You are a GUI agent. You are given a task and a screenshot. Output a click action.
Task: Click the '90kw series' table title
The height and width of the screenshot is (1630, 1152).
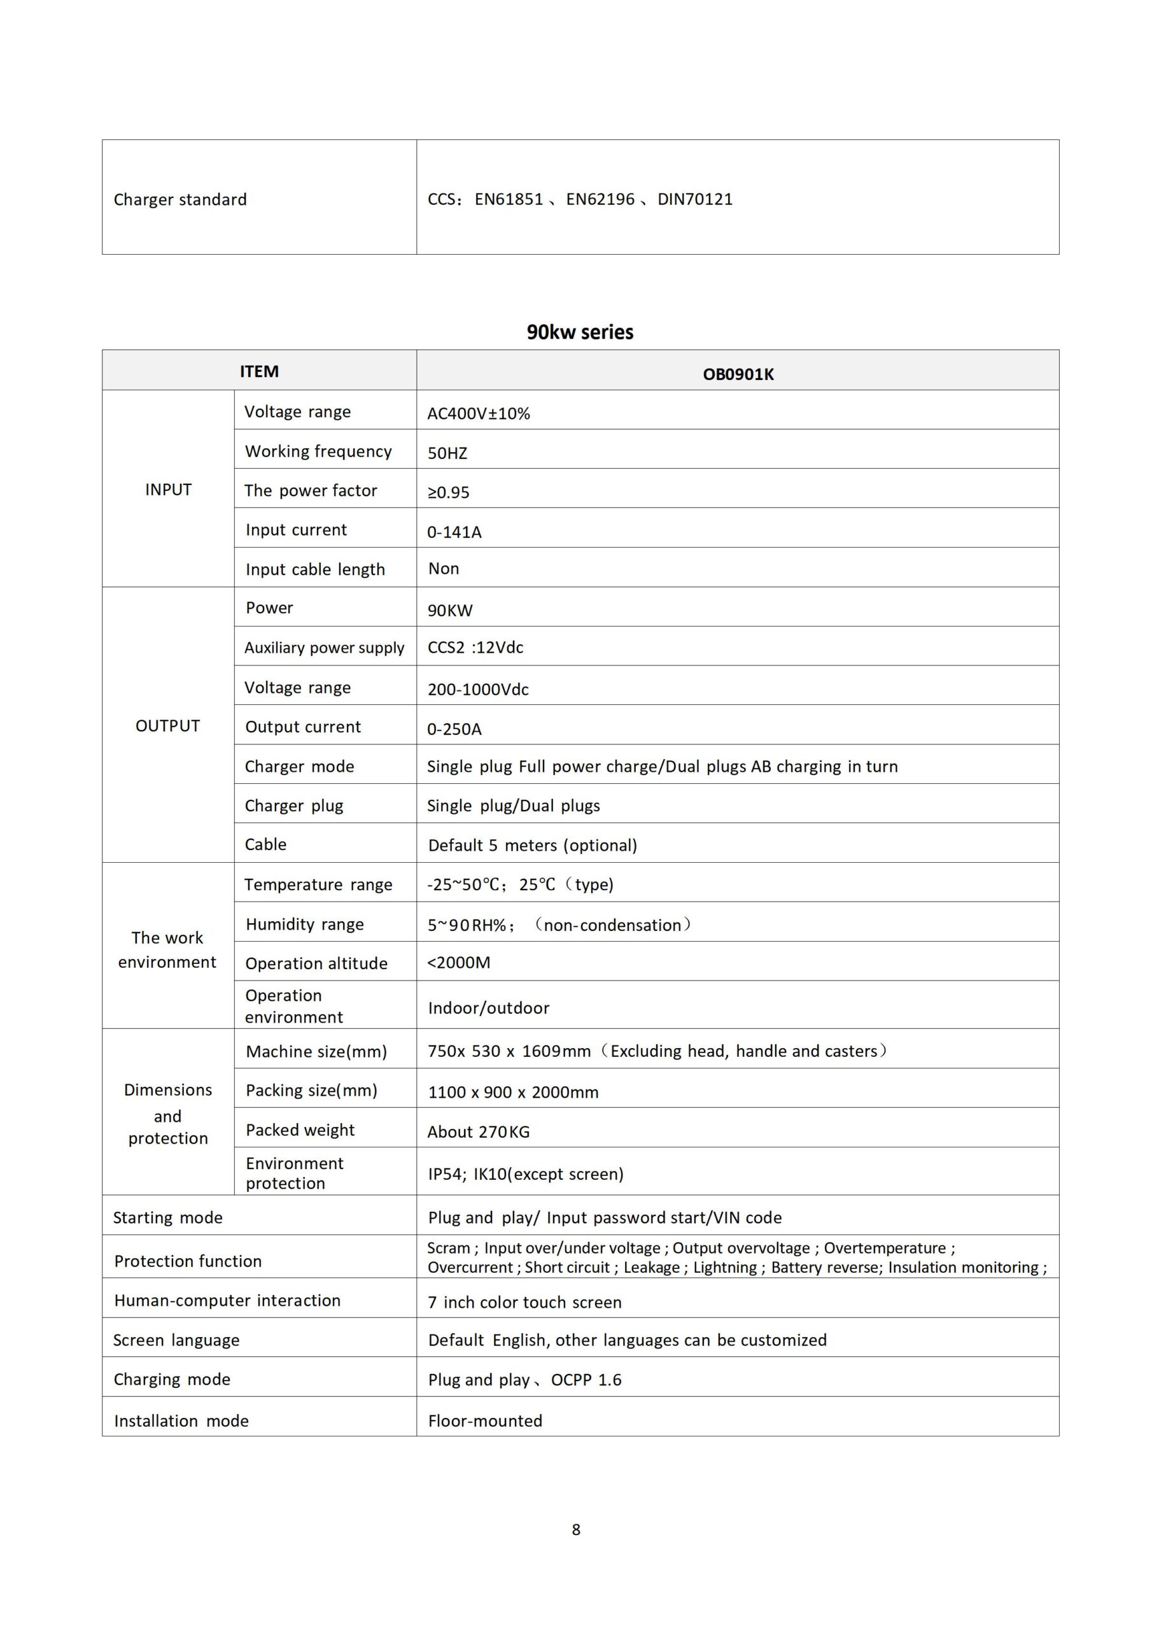click(x=579, y=332)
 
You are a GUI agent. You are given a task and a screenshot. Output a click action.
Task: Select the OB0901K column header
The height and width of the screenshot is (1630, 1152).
click(x=738, y=374)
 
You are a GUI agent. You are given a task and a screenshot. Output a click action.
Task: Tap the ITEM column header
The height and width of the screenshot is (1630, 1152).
click(x=259, y=371)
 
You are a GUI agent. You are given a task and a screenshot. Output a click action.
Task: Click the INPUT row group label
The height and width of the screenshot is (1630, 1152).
click(x=168, y=489)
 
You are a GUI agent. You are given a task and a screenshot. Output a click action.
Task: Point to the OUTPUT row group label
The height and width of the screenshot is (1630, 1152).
click(x=167, y=726)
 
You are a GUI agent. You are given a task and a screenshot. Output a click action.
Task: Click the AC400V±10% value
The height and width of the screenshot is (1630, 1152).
click(x=479, y=413)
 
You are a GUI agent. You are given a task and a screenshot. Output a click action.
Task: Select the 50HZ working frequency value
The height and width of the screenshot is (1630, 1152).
click(x=447, y=453)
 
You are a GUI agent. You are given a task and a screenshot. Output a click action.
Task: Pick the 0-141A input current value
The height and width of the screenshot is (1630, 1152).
click(x=454, y=532)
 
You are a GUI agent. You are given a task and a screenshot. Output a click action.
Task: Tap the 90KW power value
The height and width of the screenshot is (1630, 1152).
click(x=450, y=610)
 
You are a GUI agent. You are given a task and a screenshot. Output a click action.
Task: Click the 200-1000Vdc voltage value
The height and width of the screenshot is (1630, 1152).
click(x=478, y=690)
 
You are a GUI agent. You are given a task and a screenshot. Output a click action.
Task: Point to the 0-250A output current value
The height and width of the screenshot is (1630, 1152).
click(x=454, y=729)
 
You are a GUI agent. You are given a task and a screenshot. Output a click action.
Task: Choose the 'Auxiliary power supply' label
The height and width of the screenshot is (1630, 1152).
click(x=325, y=648)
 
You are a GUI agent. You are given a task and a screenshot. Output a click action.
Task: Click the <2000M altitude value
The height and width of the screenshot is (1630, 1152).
click(x=458, y=962)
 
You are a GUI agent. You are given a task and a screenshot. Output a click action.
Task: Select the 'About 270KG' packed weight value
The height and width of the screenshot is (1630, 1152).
click(x=479, y=1131)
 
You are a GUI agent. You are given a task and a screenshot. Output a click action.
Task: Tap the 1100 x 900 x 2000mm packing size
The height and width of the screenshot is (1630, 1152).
click(x=513, y=1092)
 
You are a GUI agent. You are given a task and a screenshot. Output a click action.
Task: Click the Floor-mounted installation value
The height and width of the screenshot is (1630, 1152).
click(x=485, y=1421)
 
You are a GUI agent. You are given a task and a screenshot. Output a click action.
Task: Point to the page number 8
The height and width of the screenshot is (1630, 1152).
click(x=575, y=1529)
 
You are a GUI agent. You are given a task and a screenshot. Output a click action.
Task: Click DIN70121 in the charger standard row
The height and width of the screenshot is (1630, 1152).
click(x=695, y=199)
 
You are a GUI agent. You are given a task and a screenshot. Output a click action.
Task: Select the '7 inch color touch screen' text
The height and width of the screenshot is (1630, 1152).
click(x=524, y=1302)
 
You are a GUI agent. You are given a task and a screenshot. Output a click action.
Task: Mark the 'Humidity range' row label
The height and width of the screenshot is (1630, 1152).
click(x=304, y=924)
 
